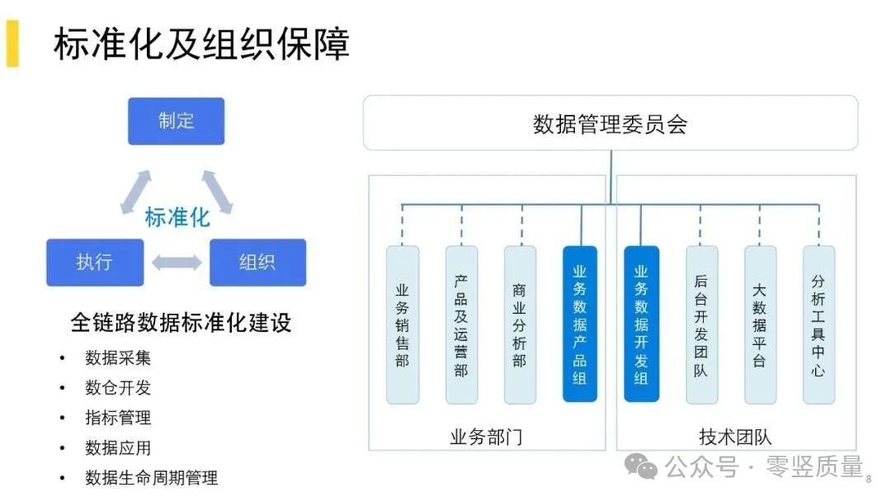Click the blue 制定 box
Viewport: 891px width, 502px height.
point(176,121)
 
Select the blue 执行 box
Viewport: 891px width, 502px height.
point(95,263)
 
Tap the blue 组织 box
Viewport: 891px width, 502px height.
point(257,263)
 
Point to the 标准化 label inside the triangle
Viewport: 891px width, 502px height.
point(177,218)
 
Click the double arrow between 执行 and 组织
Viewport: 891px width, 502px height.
point(177,263)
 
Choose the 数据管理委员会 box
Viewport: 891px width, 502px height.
point(610,124)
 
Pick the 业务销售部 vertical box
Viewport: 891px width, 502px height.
point(403,324)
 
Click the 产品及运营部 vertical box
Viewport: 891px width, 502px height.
point(461,324)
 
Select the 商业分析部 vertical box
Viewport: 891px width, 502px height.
point(520,324)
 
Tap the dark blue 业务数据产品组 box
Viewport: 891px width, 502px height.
point(580,324)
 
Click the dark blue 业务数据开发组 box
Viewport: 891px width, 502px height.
point(641,324)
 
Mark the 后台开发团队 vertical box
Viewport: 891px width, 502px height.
point(701,324)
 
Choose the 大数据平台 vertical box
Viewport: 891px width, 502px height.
point(760,324)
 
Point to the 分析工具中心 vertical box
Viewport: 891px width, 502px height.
point(818,324)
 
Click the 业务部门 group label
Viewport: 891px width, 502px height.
point(486,437)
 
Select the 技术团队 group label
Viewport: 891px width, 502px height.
point(735,437)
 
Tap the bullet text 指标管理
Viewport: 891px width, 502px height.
point(118,418)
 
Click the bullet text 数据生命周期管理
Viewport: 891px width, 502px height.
point(151,478)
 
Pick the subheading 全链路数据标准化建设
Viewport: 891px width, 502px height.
point(181,322)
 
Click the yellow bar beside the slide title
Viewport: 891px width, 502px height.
point(12,43)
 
